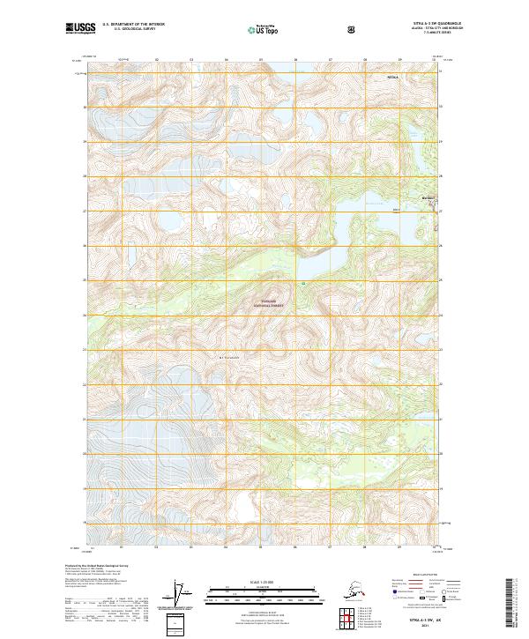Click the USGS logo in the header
point(82,29)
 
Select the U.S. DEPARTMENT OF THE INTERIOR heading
point(134,24)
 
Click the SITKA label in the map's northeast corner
point(393,78)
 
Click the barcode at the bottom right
point(513,604)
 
